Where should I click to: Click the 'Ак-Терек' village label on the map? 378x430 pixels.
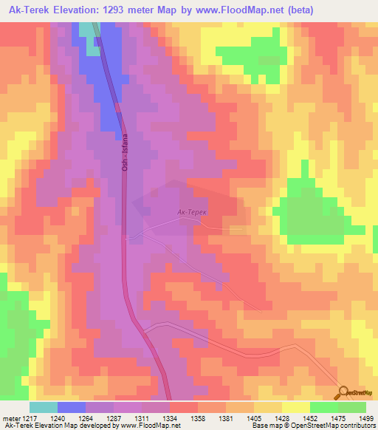192,212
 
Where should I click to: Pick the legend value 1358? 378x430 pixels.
199,417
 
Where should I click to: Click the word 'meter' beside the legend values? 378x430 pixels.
12,417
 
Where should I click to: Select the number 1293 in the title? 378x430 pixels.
123,10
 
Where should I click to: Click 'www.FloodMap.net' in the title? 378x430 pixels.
241,10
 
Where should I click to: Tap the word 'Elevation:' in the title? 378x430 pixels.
78,10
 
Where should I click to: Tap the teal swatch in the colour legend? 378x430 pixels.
44,407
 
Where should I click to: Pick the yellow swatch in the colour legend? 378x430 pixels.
296,407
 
